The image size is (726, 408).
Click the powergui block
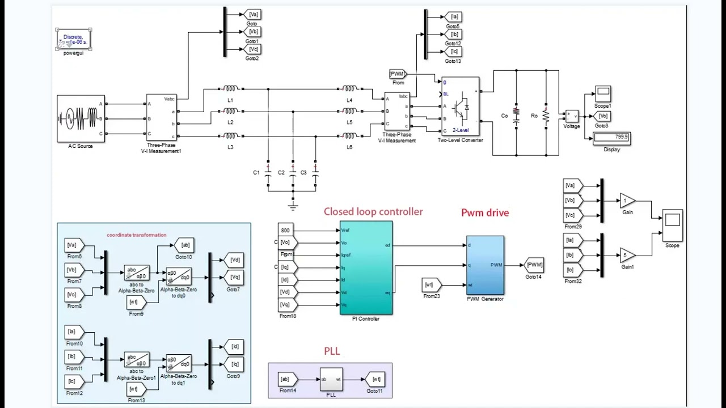(x=73, y=40)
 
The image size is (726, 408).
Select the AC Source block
(x=81, y=118)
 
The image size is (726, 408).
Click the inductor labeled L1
(x=230, y=89)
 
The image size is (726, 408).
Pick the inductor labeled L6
(x=349, y=136)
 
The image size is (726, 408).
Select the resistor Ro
(x=546, y=116)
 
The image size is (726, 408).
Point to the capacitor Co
(x=516, y=116)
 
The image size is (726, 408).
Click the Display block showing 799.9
(x=611, y=138)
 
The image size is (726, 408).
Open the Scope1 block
(x=602, y=93)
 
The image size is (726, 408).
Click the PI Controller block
(x=366, y=267)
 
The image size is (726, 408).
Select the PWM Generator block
(x=485, y=265)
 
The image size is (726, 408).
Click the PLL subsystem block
(x=331, y=379)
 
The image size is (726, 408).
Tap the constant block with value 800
(x=285, y=230)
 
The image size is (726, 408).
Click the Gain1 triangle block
(x=627, y=255)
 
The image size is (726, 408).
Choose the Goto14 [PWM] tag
(x=534, y=265)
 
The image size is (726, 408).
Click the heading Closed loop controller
(x=373, y=211)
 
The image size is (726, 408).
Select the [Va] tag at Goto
(x=253, y=14)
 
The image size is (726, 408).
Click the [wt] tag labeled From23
(x=431, y=285)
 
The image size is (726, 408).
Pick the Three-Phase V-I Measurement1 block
(x=161, y=117)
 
